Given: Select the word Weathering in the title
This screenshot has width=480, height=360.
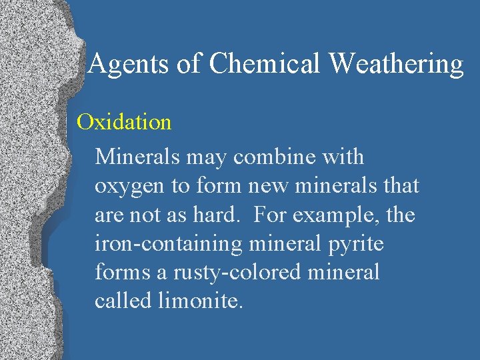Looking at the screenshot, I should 397,64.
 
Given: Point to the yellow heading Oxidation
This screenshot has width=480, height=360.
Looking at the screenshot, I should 124,122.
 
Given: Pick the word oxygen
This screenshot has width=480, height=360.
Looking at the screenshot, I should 130,187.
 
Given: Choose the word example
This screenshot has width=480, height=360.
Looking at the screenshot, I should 341,215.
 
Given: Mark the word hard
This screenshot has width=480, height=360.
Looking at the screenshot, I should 229,215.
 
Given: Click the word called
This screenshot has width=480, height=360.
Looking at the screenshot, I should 124,301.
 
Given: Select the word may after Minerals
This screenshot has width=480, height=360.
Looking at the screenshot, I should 207,158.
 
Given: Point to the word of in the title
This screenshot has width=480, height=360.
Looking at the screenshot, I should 188,64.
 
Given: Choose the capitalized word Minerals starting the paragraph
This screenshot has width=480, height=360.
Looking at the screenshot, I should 137,157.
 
